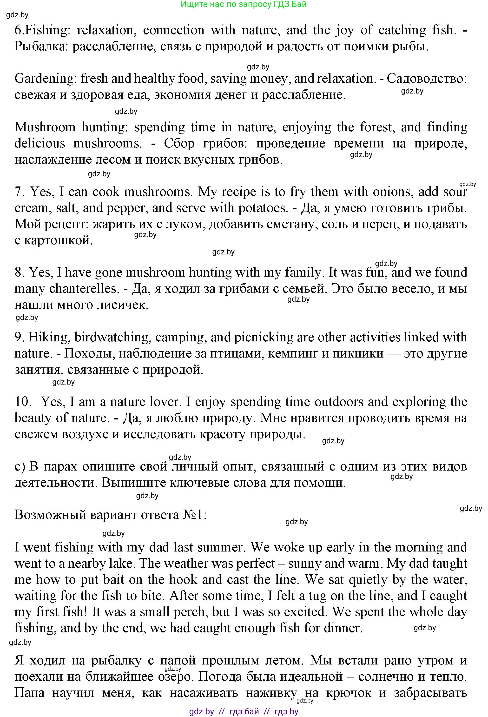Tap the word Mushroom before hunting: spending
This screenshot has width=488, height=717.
pyautogui.click(x=45, y=127)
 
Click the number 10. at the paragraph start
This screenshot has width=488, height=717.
pyautogui.click(x=23, y=402)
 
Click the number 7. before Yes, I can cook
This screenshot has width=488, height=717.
pyautogui.click(x=20, y=192)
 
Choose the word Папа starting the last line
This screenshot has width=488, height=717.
pyautogui.click(x=30, y=693)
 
